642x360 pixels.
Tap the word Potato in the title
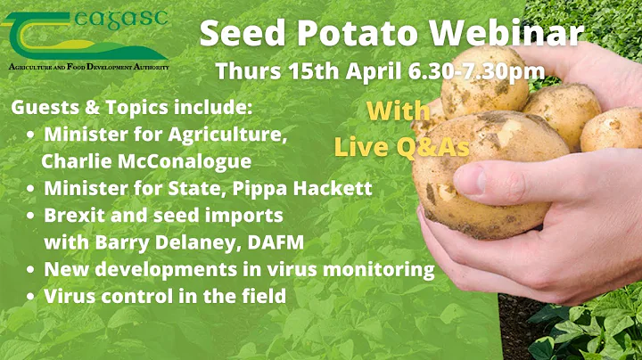click(350, 33)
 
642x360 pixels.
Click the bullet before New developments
click(31, 269)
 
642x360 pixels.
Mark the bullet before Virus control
click(31, 296)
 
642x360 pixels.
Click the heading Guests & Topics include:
click(132, 108)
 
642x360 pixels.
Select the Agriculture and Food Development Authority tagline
click(87, 68)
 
